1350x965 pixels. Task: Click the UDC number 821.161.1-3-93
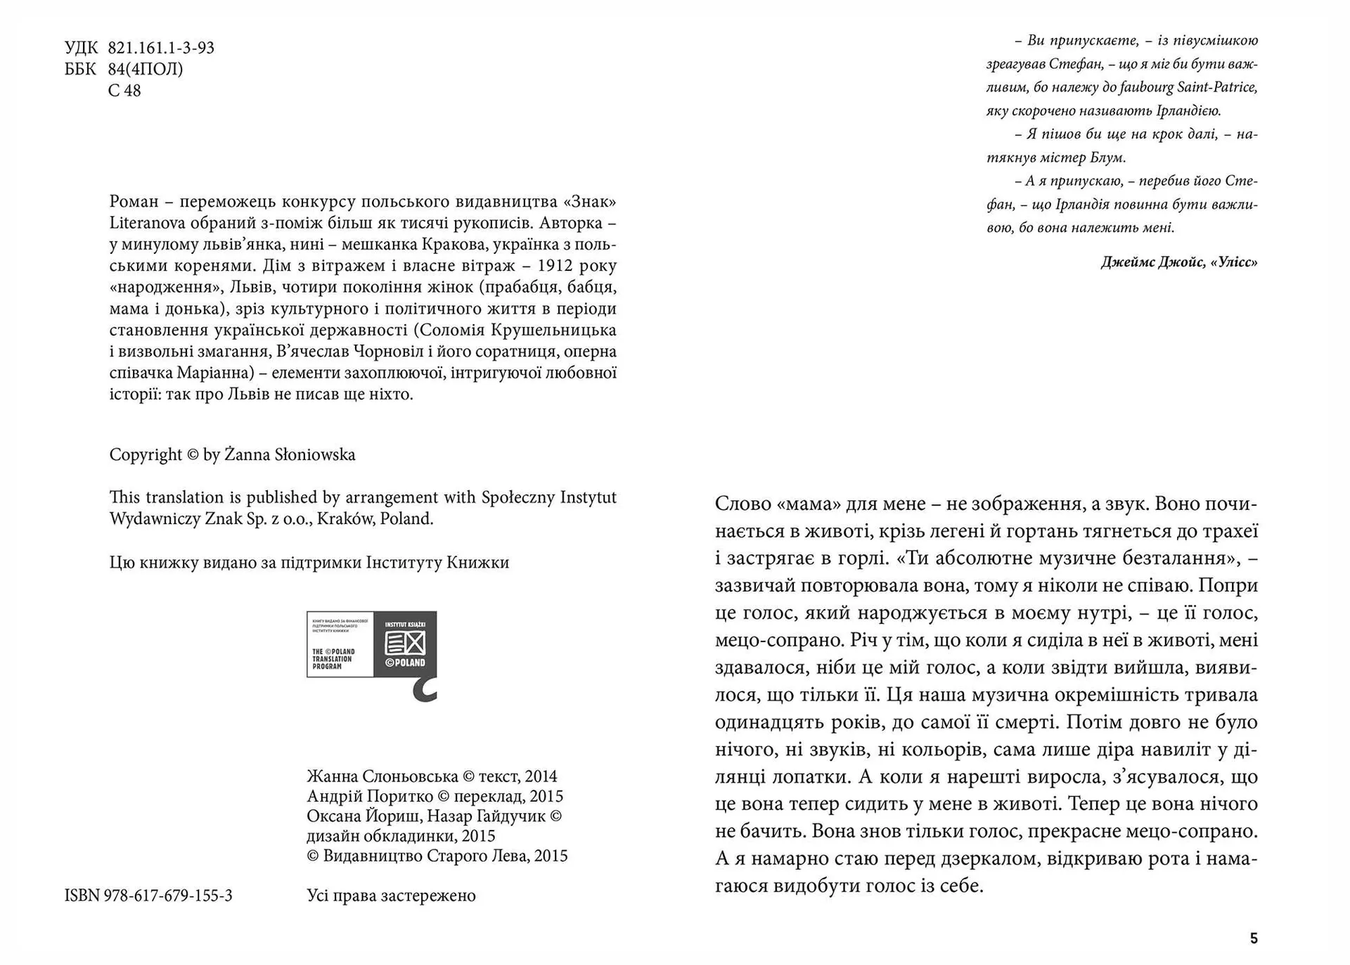(161, 48)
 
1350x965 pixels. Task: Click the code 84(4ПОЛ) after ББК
(146, 69)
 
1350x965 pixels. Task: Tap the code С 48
(124, 91)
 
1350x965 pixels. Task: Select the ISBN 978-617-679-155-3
(148, 895)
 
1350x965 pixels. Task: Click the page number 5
(1254, 938)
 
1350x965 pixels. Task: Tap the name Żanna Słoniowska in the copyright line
(290, 455)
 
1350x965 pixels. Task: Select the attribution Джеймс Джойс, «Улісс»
(1179, 262)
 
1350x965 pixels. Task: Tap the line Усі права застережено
(391, 895)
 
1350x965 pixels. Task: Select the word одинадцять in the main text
(767, 722)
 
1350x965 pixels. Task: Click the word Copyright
(146, 455)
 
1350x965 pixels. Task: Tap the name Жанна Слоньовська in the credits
(382, 777)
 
